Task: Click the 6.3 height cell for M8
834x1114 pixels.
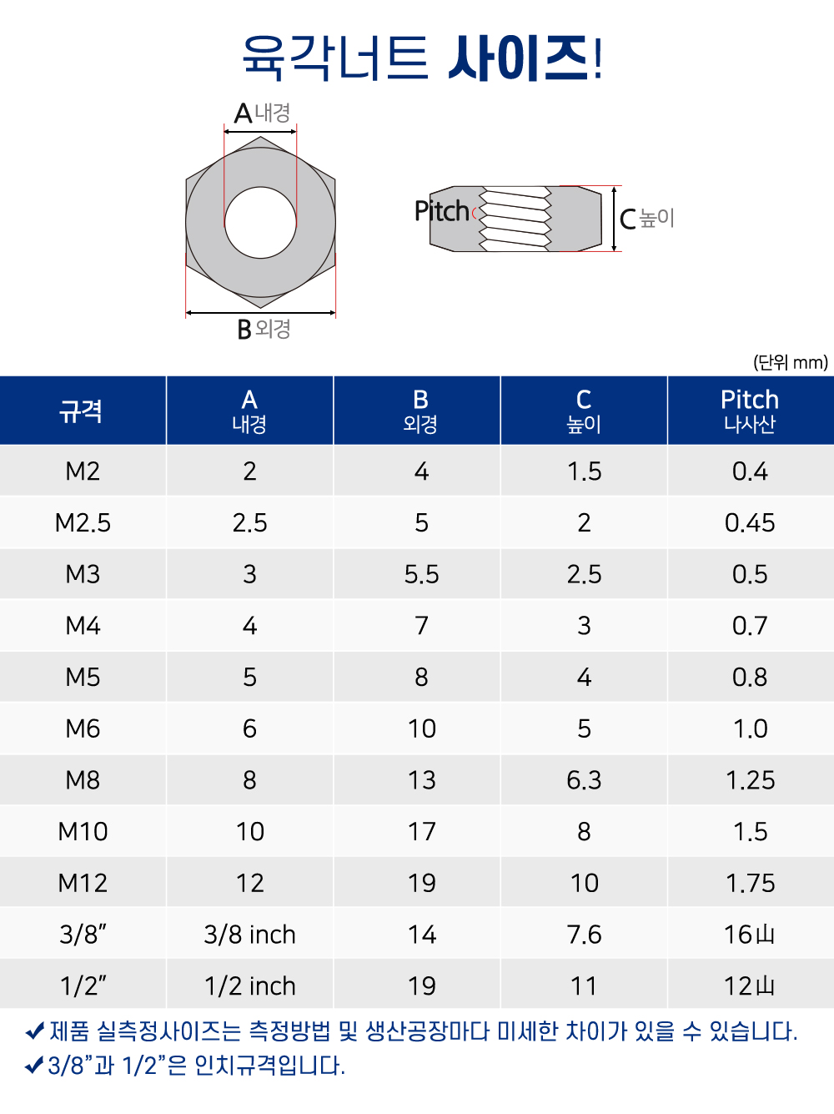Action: (584, 780)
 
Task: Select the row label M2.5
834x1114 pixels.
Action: (83, 522)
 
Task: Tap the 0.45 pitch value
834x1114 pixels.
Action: (750, 522)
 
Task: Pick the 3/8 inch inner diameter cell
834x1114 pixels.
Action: (249, 935)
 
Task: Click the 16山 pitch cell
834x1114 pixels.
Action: (750, 935)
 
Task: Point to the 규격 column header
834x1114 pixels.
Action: (81, 411)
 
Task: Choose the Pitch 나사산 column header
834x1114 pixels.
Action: (750, 411)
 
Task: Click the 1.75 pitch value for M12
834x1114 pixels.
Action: (751, 883)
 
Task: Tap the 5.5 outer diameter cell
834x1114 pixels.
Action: (421, 574)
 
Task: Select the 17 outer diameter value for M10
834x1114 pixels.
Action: (421, 831)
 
